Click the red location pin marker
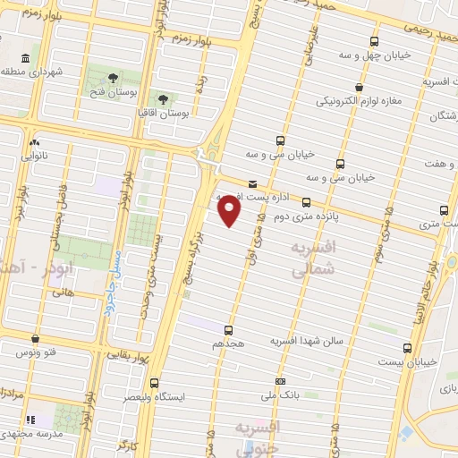(x=230, y=210)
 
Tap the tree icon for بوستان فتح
(x=113, y=78)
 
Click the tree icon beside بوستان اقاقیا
(x=163, y=99)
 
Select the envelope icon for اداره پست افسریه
(x=252, y=184)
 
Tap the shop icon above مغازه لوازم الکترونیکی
(x=359, y=87)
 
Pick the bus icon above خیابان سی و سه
(x=281, y=140)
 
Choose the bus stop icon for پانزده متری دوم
(x=307, y=203)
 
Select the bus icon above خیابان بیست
(x=408, y=348)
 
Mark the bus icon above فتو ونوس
(x=35, y=339)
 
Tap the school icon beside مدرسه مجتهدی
(x=30, y=420)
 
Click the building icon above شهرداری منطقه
(x=24, y=58)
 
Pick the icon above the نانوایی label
(x=34, y=142)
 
